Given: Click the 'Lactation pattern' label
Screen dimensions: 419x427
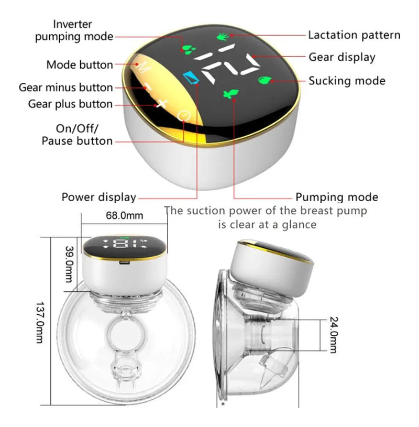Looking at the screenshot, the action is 354,36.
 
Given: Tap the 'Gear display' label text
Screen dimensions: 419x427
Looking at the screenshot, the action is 342,58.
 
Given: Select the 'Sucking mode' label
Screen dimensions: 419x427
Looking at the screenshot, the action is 347,81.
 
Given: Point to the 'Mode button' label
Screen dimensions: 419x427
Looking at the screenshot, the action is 80,65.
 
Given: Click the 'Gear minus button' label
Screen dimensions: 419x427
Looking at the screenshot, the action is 65,87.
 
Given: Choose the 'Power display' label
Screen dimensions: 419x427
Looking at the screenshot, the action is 99,197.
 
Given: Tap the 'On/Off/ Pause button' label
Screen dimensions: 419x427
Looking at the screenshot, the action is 77,135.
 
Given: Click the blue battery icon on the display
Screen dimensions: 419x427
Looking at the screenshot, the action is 191,78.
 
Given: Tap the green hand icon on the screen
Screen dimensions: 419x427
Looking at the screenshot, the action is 224,37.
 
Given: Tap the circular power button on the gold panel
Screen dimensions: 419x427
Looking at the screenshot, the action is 183,116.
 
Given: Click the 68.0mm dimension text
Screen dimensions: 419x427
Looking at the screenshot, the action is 125,215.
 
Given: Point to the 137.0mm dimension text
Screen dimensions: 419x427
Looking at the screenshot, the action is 40,322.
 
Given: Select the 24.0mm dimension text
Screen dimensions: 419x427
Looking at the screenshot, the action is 334,335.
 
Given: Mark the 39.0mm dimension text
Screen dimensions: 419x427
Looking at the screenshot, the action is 70,264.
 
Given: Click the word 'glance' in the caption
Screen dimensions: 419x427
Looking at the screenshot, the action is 299,225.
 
